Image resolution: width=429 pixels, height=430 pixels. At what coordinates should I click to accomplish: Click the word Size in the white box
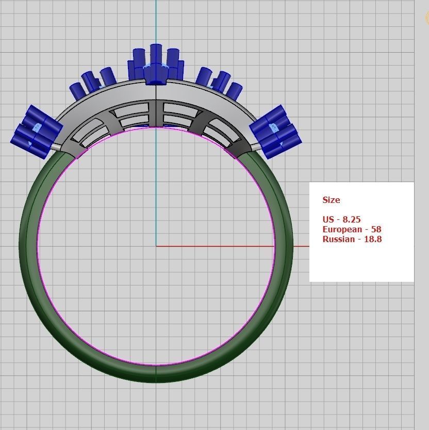point(331,200)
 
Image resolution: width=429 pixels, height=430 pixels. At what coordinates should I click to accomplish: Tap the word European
point(342,229)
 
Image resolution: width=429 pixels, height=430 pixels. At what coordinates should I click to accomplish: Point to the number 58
point(376,229)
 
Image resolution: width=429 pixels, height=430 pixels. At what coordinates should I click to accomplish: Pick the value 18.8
point(373,239)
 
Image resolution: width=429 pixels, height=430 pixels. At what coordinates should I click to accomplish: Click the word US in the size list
point(328,219)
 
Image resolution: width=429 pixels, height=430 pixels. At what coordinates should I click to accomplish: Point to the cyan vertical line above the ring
point(156,21)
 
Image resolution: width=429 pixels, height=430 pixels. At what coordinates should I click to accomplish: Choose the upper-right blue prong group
point(219,83)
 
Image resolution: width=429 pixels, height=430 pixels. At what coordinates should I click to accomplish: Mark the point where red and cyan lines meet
point(156,246)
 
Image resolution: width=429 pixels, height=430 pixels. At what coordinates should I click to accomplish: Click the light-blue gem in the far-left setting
point(36,127)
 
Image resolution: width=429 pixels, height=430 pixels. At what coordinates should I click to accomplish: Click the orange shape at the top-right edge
point(427,18)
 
